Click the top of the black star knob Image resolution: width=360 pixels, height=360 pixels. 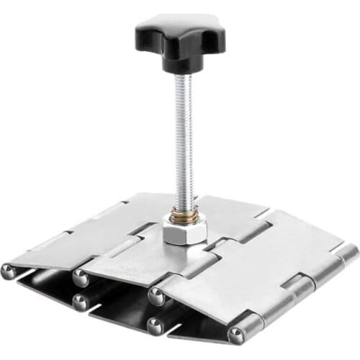point(179,27)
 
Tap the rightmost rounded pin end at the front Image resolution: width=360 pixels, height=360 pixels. point(236,335)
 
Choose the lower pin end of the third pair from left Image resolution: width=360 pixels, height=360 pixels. point(155,325)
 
